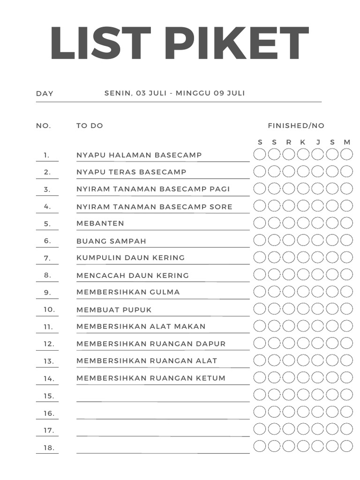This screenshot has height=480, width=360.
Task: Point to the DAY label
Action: [x=45, y=93]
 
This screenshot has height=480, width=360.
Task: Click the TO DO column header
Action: [x=90, y=126]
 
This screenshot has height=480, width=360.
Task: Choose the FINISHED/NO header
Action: [x=296, y=126]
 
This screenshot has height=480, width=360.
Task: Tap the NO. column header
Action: [x=44, y=126]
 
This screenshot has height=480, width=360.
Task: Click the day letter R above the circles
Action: [x=289, y=142]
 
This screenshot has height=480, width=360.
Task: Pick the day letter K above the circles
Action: [x=303, y=142]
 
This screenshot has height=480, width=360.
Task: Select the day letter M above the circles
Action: [x=347, y=142]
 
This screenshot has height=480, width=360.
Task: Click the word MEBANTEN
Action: [x=100, y=224]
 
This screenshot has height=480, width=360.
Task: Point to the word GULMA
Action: [x=165, y=292]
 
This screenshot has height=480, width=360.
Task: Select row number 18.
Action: [x=49, y=448]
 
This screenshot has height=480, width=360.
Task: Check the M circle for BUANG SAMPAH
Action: [x=346, y=240]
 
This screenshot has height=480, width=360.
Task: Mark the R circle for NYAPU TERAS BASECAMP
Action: [x=289, y=171]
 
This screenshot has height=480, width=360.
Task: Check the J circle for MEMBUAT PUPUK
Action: [x=318, y=308]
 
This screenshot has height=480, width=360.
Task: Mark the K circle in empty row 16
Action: [x=303, y=412]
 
